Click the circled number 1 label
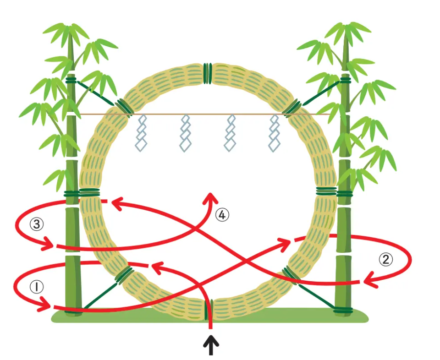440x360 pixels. (x=37, y=287)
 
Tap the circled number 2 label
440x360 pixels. (x=386, y=260)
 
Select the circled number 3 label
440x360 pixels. (x=37, y=224)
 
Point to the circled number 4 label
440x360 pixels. (x=222, y=215)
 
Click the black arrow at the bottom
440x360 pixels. (x=211, y=346)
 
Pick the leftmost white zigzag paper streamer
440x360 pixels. (x=141, y=133)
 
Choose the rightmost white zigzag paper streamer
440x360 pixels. (x=274, y=133)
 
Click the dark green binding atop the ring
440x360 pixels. (x=208, y=73)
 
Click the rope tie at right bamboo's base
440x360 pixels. (x=343, y=310)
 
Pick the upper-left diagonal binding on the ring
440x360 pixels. (x=124, y=108)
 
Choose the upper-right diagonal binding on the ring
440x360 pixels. (x=292, y=108)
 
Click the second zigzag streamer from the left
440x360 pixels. (x=186, y=133)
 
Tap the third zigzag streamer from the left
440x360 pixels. (x=230, y=133)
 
